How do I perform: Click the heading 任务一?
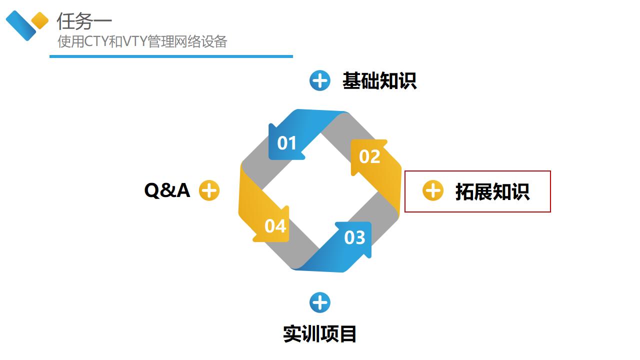(84, 21)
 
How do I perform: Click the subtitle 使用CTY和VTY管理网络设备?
(142, 41)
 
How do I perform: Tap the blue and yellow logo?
(26, 25)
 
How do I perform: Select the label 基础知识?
(379, 81)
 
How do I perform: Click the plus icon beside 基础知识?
(320, 80)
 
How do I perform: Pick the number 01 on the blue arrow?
(287, 143)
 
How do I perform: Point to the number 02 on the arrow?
(369, 157)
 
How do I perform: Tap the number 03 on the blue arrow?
(354, 237)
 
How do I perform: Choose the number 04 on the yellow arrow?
(275, 226)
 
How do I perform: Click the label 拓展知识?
(492, 191)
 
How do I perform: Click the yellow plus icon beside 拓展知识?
(433, 190)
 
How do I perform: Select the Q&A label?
(167, 190)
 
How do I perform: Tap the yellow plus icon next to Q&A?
(209, 190)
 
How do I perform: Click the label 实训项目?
(319, 333)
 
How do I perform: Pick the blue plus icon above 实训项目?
(320, 302)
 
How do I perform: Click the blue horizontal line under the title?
(171, 56)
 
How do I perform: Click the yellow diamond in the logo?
(40, 20)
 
